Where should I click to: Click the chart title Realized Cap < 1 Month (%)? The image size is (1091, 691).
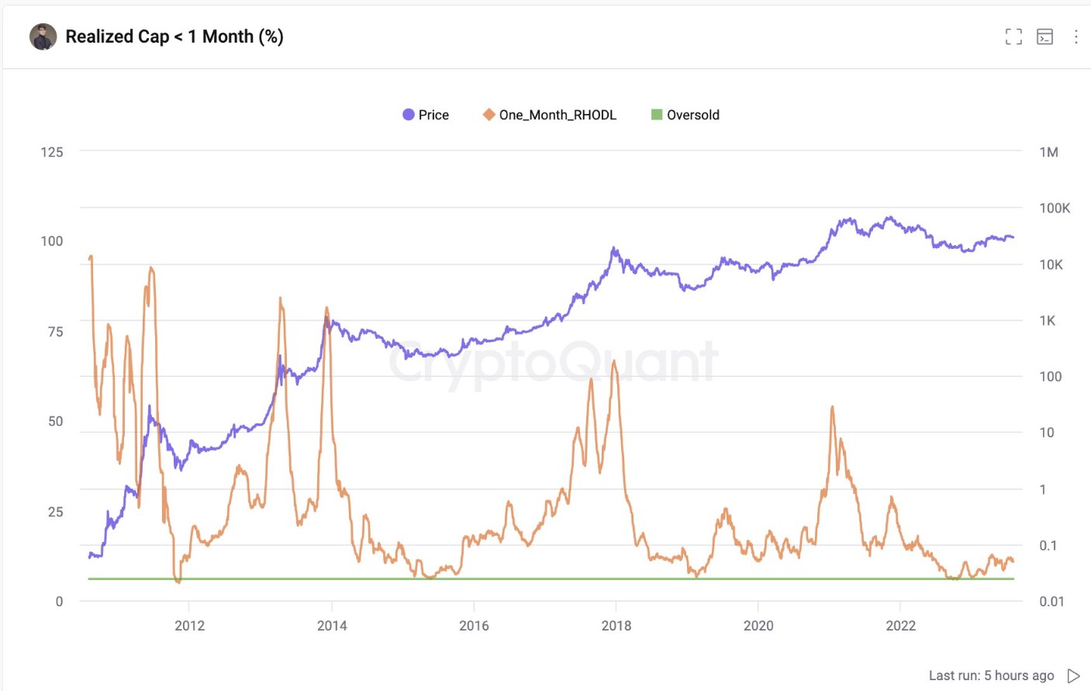click(x=174, y=36)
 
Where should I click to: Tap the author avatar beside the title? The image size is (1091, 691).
click(x=43, y=36)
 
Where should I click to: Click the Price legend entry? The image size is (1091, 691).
click(x=426, y=115)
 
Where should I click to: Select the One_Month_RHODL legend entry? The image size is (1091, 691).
click(x=550, y=115)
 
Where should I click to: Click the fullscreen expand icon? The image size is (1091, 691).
click(x=1013, y=36)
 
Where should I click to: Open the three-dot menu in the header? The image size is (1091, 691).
click(x=1075, y=36)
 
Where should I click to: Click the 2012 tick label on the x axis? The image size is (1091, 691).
click(x=189, y=626)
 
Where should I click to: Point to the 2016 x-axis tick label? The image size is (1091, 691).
click(x=474, y=626)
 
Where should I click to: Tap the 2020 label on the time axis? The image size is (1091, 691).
click(x=758, y=626)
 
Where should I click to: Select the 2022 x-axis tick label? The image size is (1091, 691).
click(x=900, y=626)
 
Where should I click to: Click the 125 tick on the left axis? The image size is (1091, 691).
click(x=52, y=152)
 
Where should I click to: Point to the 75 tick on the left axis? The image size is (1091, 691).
click(x=55, y=332)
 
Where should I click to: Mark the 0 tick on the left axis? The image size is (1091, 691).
click(x=59, y=601)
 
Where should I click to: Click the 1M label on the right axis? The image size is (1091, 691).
click(x=1048, y=152)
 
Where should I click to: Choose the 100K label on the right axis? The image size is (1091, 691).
click(x=1055, y=208)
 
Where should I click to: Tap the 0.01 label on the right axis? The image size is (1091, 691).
click(x=1051, y=601)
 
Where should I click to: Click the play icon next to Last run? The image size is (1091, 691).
click(x=1074, y=675)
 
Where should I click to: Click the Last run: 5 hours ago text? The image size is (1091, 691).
click(x=991, y=675)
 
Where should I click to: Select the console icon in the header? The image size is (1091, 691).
click(x=1044, y=36)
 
